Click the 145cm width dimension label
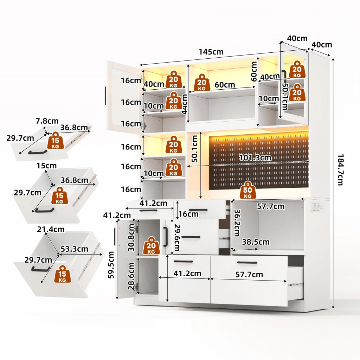pyautogui.click(x=211, y=52)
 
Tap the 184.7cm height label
pyautogui.click(x=340, y=170)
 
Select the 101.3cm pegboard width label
pyautogui.click(x=255, y=158)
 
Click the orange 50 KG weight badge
pyautogui.click(x=247, y=190)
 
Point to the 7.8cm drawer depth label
pyautogui.click(x=47, y=121)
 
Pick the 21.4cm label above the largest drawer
pyautogui.click(x=51, y=229)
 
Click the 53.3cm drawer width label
pyautogui.click(x=75, y=249)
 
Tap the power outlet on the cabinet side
pyautogui.click(x=317, y=207)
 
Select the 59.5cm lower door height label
pyautogui.click(x=111, y=265)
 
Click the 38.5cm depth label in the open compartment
pyautogui.click(x=256, y=242)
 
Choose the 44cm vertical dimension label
pyautogui.click(x=184, y=104)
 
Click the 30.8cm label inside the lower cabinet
pyautogui.click(x=131, y=238)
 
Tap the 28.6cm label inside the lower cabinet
pyautogui.click(x=131, y=276)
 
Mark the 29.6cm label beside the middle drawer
pyautogui.click(x=177, y=237)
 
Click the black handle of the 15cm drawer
pyautogui.click(x=45, y=210)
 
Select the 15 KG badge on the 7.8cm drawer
pyautogui.click(x=55, y=141)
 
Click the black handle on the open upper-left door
pyautogui.click(x=105, y=96)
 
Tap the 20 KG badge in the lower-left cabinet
pyautogui.click(x=151, y=246)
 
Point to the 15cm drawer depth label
pyautogui.click(x=47, y=166)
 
